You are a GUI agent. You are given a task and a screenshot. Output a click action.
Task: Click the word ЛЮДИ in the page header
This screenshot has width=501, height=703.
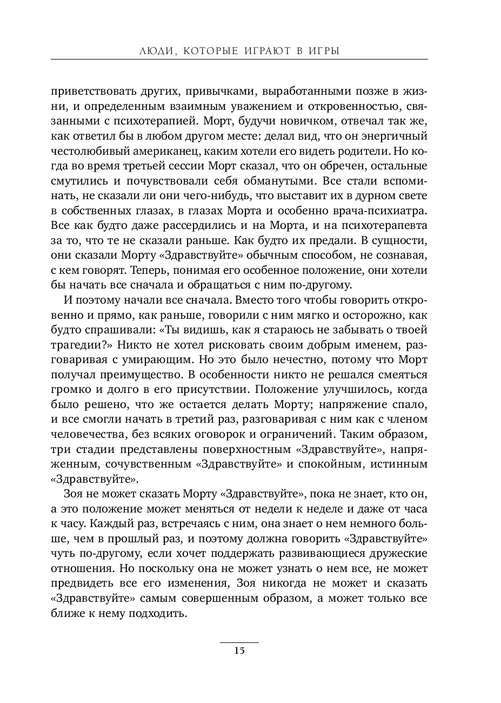coord(157,51)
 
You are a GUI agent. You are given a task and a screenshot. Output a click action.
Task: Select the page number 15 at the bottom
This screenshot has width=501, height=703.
coord(239,651)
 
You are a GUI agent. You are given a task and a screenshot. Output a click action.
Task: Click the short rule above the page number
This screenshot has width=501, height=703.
coord(239,642)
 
